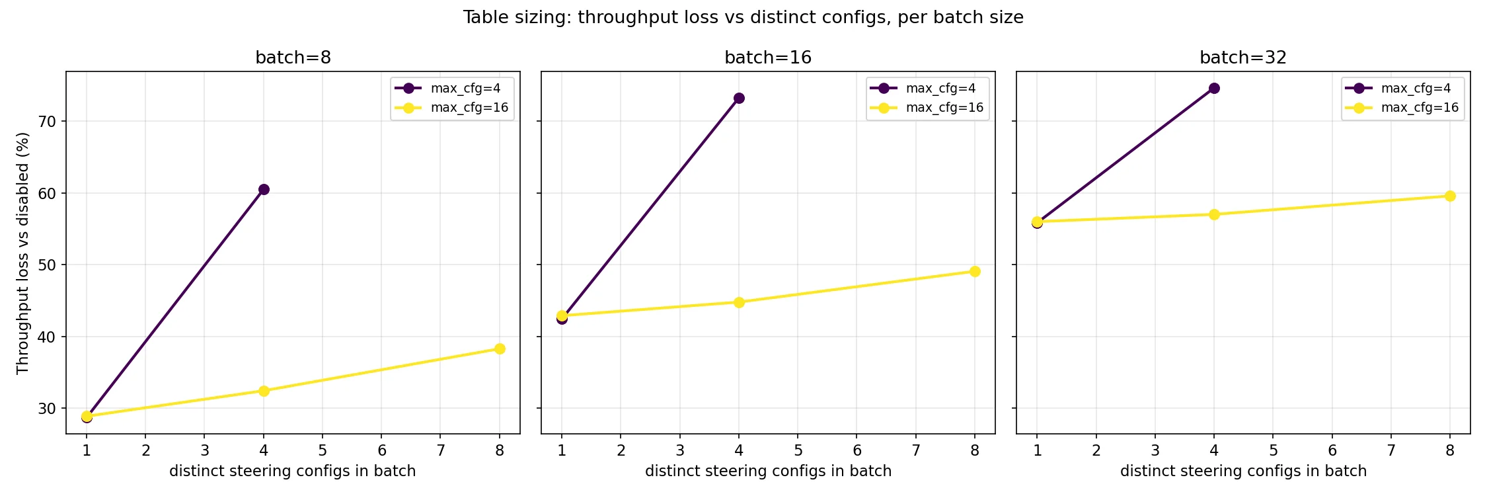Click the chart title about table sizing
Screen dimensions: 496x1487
point(743,18)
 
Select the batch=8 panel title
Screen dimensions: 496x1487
point(293,58)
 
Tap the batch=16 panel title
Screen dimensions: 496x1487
point(768,58)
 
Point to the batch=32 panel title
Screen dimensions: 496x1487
point(1243,58)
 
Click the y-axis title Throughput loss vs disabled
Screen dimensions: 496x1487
point(23,253)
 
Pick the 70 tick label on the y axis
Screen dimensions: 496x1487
point(48,122)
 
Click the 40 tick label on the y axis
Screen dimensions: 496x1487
point(48,337)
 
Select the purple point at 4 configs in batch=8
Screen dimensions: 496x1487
point(264,190)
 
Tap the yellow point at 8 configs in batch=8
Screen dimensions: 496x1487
point(500,349)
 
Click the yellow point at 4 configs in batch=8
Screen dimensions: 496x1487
point(264,391)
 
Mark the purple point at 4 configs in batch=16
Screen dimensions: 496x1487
point(739,99)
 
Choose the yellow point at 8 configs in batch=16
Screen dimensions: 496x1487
point(975,271)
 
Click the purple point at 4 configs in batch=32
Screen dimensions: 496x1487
point(1214,89)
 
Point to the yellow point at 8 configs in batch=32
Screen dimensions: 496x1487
point(1450,196)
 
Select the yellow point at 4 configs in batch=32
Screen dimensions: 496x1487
point(1214,214)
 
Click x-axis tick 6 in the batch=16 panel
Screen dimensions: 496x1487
point(857,451)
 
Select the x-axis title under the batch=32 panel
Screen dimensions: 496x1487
point(1243,472)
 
